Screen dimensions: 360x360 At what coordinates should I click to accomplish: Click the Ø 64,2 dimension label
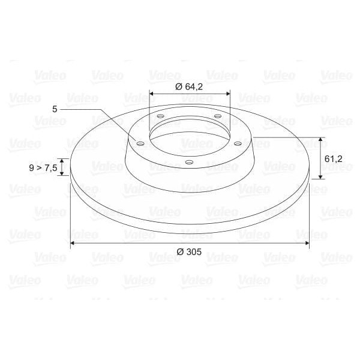click(190, 86)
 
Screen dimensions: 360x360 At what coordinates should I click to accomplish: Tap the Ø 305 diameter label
click(190, 252)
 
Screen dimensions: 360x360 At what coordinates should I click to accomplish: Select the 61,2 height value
click(333, 158)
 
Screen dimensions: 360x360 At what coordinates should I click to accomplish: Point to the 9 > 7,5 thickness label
click(43, 168)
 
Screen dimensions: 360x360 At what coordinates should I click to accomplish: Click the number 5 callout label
click(55, 109)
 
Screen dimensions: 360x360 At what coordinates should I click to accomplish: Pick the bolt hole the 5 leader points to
click(140, 143)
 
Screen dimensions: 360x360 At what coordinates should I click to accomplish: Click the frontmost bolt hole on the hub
click(188, 162)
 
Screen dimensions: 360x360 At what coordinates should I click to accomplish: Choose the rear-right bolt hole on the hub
click(217, 116)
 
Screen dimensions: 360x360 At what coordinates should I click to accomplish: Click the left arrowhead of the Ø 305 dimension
click(73, 243)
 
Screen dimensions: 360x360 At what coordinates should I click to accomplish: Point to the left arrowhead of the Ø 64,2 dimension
click(152, 94)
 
